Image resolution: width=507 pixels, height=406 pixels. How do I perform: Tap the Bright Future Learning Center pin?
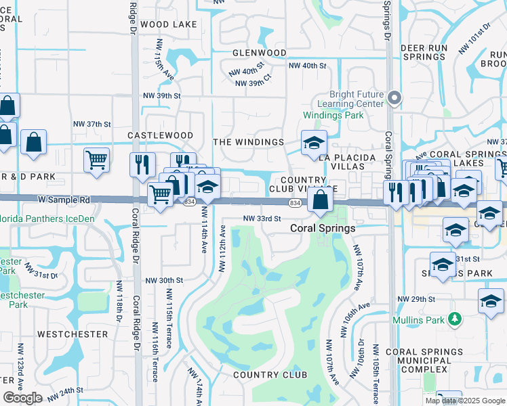[396, 99]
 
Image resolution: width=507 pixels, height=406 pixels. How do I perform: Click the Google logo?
[22, 398]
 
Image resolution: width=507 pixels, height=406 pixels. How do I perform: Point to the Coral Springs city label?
[323, 228]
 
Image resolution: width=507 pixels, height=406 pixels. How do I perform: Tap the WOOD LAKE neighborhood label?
[169, 24]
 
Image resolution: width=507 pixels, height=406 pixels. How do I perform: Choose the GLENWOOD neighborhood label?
[259, 52]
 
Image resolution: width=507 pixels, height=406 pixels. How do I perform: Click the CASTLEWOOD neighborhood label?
[161, 135]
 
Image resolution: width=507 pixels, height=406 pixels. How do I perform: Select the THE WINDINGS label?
[248, 142]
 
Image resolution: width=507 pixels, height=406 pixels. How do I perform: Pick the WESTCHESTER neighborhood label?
[73, 334]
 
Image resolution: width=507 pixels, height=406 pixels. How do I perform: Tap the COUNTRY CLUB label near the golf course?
[270, 375]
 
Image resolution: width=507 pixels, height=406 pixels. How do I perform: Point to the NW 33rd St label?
[262, 219]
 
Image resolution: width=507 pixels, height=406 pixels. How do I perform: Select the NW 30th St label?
[164, 280]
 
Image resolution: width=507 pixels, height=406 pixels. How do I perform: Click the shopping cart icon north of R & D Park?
[97, 160]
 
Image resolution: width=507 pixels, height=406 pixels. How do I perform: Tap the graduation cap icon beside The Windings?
[314, 143]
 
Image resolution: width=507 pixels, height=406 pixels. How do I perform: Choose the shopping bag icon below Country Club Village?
[321, 200]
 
